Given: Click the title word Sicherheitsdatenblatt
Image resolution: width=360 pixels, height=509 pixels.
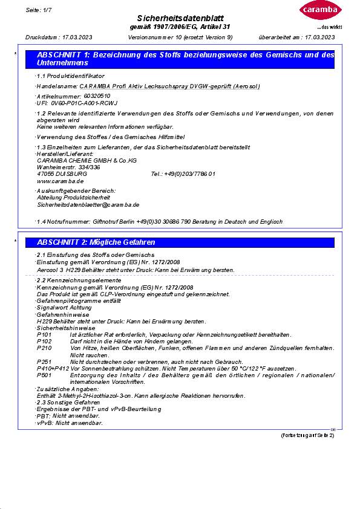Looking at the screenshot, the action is pyautogui.click(x=180, y=19).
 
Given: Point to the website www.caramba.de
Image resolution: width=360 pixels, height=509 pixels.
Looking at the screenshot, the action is pyautogui.click(x=61, y=181).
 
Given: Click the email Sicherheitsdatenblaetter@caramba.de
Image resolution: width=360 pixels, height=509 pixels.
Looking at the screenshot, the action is pyautogui.click(x=88, y=205).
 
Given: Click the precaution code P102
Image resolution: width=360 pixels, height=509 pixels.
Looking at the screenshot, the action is pyautogui.click(x=44, y=341).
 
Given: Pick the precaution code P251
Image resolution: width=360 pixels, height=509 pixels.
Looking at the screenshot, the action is pyautogui.click(x=44, y=361).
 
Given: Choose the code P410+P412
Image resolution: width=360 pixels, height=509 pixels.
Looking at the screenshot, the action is pyautogui.click(x=53, y=368).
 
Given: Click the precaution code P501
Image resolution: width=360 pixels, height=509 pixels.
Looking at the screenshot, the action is pyautogui.click(x=44, y=375).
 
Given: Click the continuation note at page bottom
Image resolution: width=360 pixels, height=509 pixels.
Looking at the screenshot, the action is pyautogui.click(x=307, y=435).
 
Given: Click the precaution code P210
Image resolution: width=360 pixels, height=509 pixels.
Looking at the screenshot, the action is pyautogui.click(x=44, y=348).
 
